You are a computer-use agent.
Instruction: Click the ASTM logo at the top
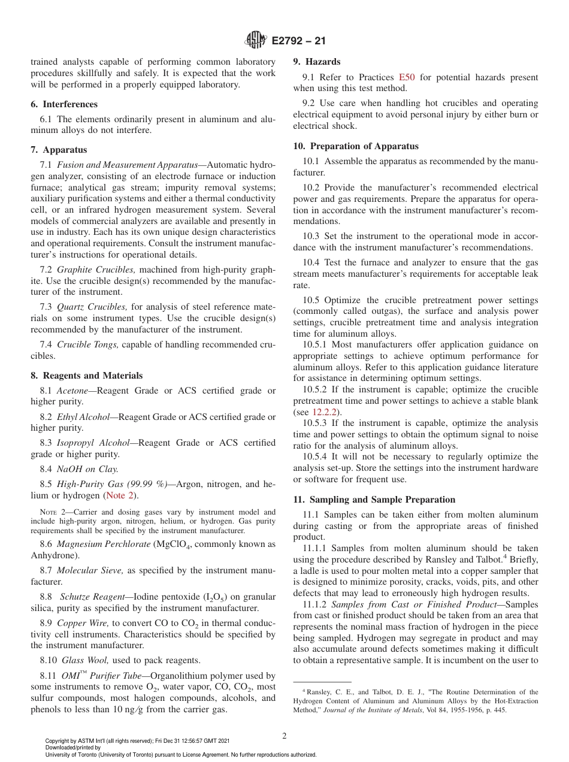tap(256, 41)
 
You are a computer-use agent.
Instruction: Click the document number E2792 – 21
tap(298, 41)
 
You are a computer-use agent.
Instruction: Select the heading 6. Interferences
tap(64, 104)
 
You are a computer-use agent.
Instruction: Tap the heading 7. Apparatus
tap(59, 150)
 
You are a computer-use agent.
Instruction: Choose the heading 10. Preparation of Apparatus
tap(356, 146)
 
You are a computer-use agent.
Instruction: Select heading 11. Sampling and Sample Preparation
tap(374, 500)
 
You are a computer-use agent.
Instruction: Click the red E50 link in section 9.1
tap(407, 77)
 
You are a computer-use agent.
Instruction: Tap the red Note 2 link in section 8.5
tap(121, 495)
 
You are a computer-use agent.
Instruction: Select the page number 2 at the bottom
tap(284, 736)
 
